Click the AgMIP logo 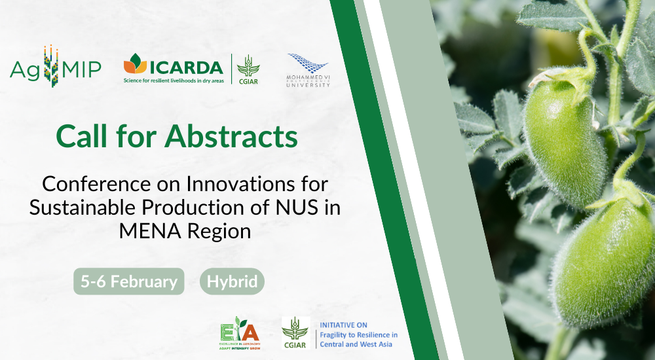click(x=55, y=67)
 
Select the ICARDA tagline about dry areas click(x=174, y=80)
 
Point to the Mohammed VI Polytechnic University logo click(x=308, y=71)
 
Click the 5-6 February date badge click(x=128, y=281)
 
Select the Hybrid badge click(x=232, y=281)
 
